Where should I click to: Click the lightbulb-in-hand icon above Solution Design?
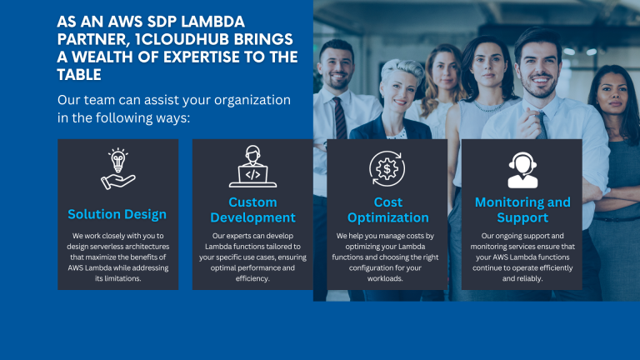118,169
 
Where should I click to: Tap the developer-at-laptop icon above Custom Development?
252,167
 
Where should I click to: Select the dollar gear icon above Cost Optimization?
387,168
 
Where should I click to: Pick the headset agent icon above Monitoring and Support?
522,170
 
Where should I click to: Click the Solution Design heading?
117,214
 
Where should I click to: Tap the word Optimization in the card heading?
388,217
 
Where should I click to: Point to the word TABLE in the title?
79,75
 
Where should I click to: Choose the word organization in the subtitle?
252,100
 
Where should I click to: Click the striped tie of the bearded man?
340,118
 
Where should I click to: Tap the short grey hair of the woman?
402,68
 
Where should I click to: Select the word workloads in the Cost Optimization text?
384,278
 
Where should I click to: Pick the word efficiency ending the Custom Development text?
252,279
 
